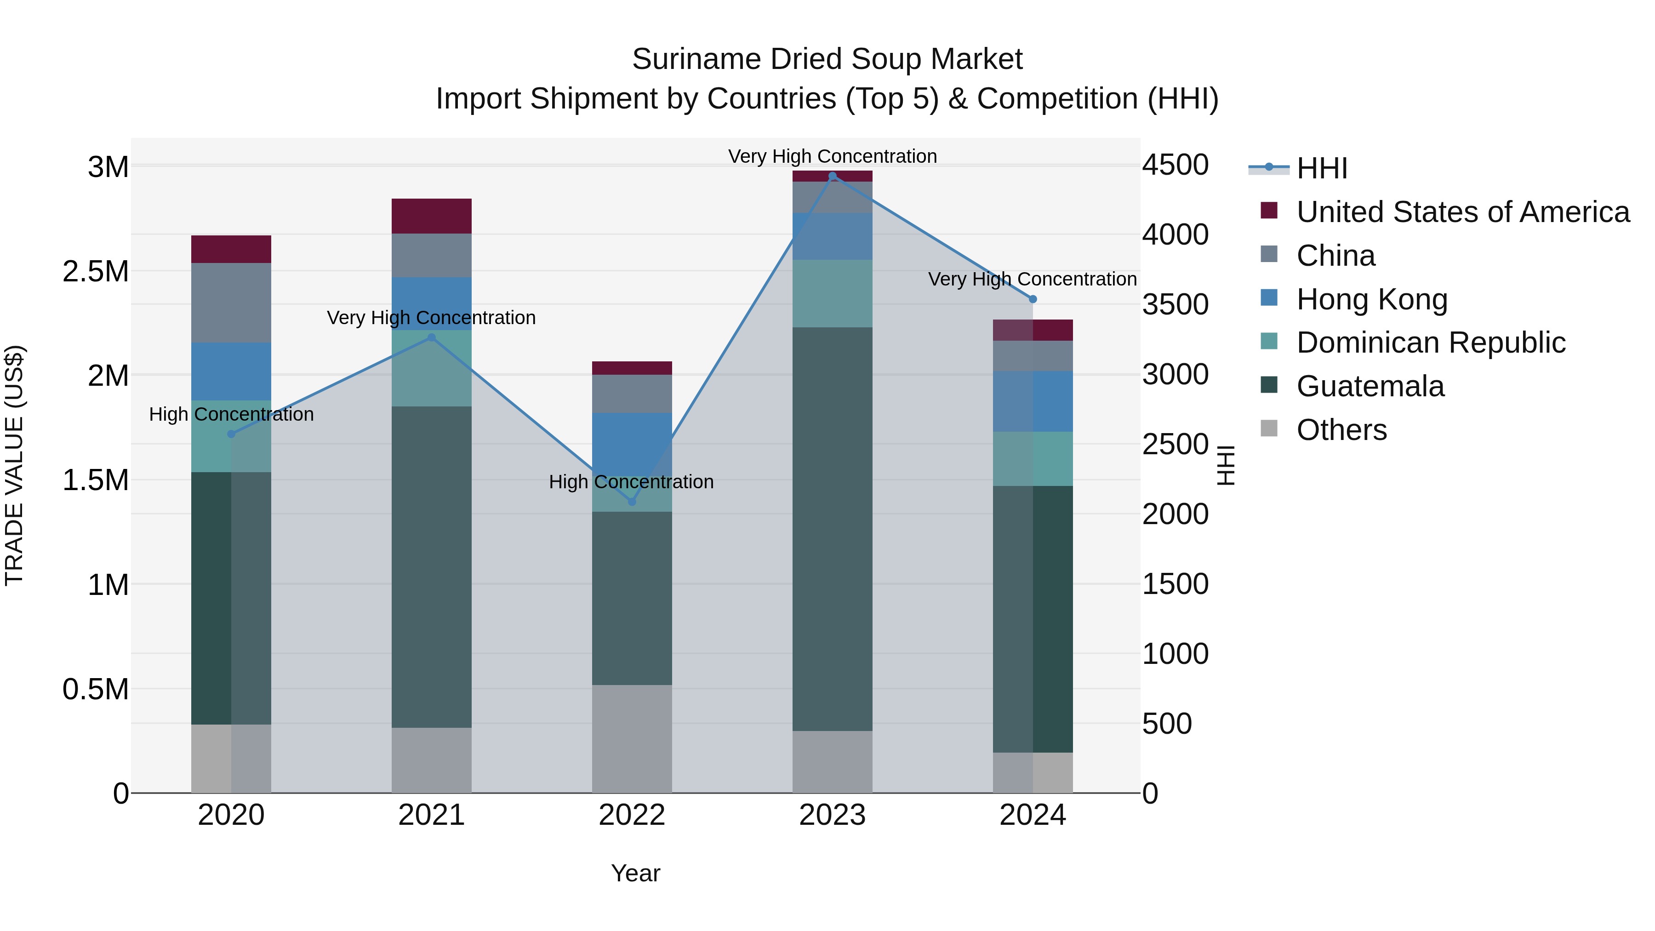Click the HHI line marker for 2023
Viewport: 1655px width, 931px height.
pyautogui.click(x=832, y=176)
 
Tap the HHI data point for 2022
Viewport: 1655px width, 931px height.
pyautogui.click(x=632, y=502)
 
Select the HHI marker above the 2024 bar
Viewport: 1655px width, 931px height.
pyautogui.click(x=1033, y=299)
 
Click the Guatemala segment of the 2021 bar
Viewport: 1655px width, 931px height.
pyautogui.click(x=431, y=567)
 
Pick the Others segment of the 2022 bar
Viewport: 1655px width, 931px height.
pyautogui.click(x=632, y=738)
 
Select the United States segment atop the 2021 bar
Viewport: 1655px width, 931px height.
pyautogui.click(x=431, y=216)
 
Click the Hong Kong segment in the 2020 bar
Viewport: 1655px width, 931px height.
pyautogui.click(x=231, y=371)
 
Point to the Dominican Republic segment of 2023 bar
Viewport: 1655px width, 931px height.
pyautogui.click(x=832, y=294)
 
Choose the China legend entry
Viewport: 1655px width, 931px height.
pyautogui.click(x=1335, y=256)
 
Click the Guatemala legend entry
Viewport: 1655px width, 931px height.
pyautogui.click(x=1370, y=386)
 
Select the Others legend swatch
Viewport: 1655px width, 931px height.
pyautogui.click(x=1269, y=428)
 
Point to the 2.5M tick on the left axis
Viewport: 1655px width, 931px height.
pyautogui.click(x=97, y=272)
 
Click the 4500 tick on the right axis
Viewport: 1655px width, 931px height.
pyautogui.click(x=1175, y=165)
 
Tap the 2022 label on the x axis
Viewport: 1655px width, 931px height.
pyautogui.click(x=632, y=815)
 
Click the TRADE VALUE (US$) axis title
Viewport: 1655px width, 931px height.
pyautogui.click(x=14, y=465)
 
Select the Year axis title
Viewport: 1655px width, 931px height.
pyautogui.click(x=635, y=873)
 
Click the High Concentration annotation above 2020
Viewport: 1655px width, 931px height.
pyautogui.click(x=231, y=414)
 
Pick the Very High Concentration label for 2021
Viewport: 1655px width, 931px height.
pyautogui.click(x=431, y=318)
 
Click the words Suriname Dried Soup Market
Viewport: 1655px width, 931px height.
pyautogui.click(x=827, y=60)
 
